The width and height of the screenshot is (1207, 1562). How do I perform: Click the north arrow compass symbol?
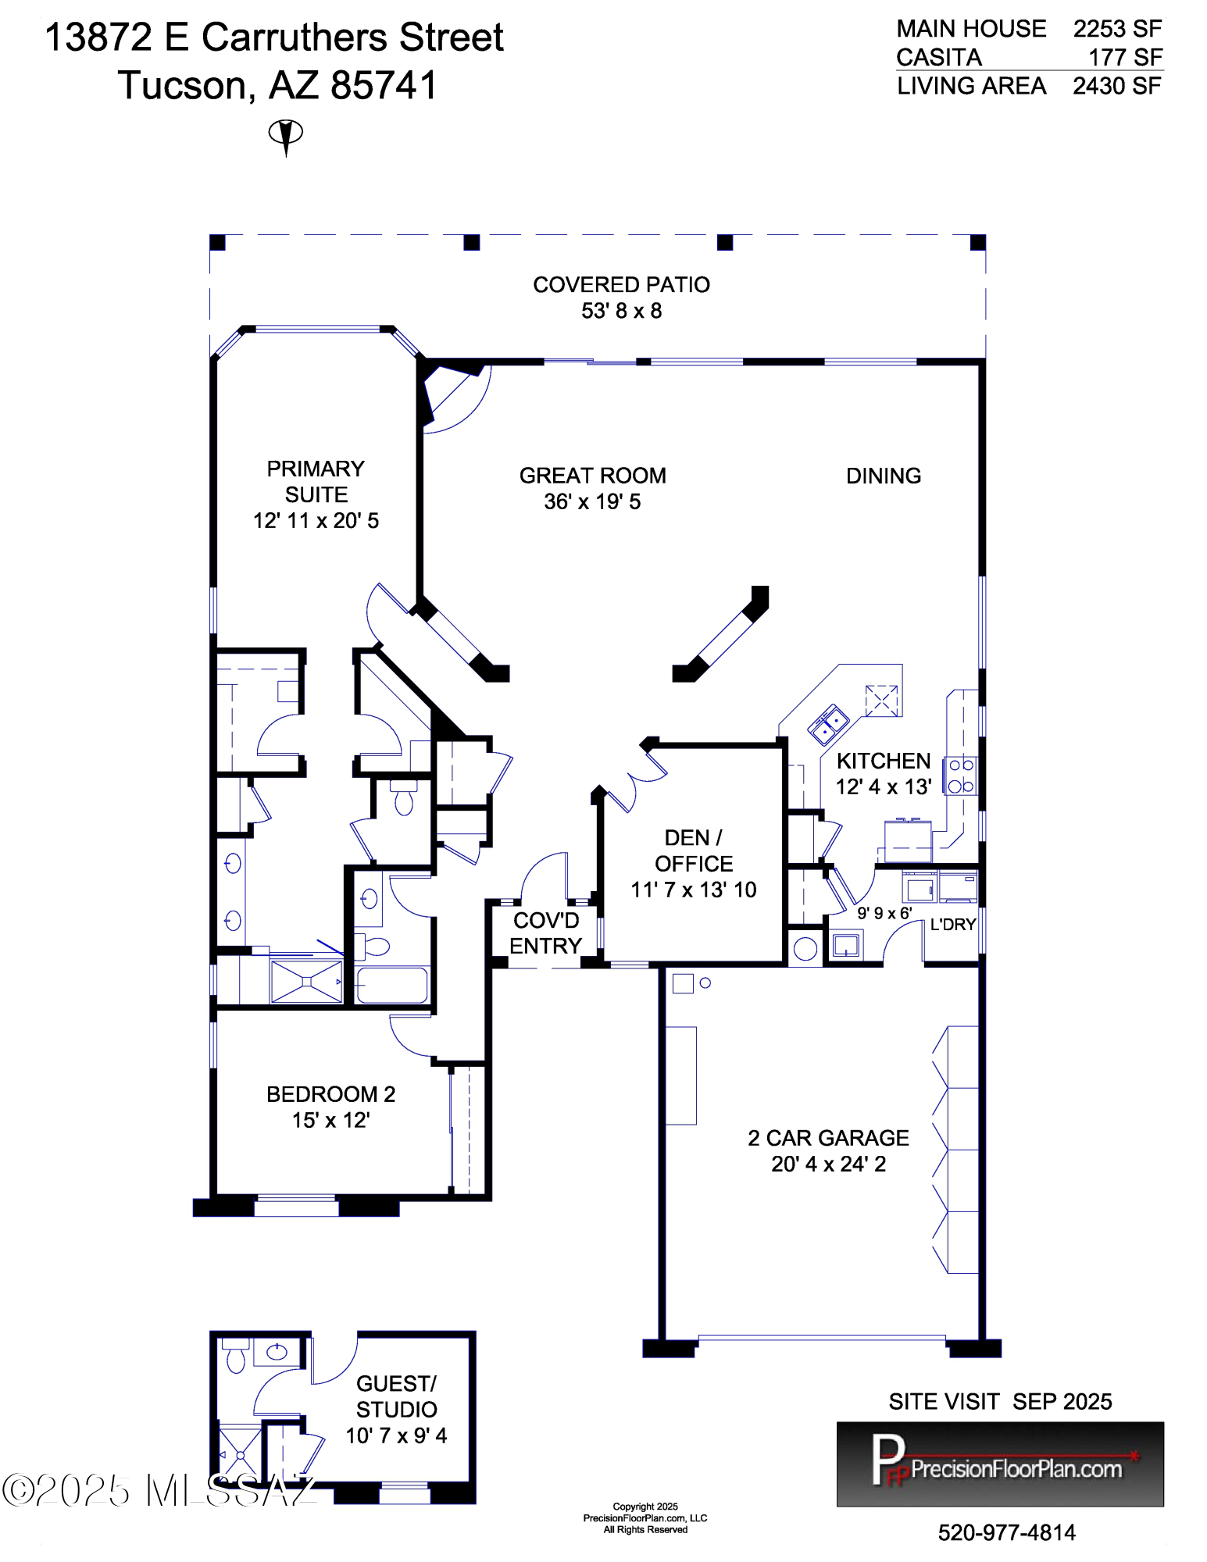286,137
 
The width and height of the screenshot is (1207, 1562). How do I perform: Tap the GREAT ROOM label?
593,476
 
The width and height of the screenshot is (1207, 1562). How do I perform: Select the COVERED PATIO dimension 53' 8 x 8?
622,311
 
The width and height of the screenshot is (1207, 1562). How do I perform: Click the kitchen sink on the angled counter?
828,723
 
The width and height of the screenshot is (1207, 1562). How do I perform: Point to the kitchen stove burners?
960,776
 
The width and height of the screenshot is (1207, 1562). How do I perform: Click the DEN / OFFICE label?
694,851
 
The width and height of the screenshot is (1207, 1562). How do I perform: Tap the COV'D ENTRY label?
546,933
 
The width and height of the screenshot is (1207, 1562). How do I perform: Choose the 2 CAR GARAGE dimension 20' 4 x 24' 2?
829,1164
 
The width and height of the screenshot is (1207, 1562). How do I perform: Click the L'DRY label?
953,925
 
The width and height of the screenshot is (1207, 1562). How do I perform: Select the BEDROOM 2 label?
331,1094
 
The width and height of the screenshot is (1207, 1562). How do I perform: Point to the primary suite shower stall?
306,981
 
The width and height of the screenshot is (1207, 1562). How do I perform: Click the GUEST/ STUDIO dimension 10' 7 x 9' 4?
397,1435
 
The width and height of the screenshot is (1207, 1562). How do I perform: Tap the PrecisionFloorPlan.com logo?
1000,1464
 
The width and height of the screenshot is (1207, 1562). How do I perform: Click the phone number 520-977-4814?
1006,1532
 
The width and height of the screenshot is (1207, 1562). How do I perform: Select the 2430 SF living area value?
1117,86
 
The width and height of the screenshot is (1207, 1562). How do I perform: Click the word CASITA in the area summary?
939,57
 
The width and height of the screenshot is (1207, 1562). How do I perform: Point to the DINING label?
884,476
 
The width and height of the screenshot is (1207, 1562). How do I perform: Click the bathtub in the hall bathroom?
391,985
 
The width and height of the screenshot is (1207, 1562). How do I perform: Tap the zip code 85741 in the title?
384,85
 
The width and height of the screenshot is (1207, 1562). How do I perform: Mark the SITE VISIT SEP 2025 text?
1001,1402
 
